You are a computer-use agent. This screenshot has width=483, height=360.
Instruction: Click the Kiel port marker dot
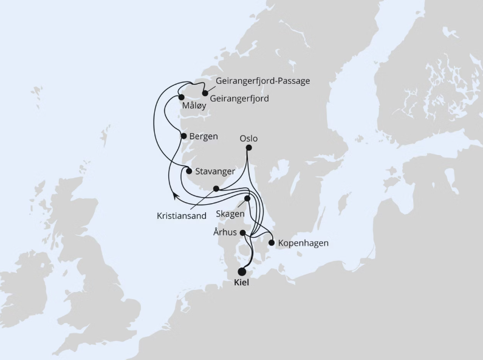coord(242,272)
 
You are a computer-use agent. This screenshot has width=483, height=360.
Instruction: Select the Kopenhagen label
coord(303,243)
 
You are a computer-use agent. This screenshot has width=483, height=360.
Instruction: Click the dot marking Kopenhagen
coord(272,243)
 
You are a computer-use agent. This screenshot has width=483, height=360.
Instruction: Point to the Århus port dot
coord(242,233)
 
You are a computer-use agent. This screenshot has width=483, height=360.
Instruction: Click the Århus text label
coord(225,232)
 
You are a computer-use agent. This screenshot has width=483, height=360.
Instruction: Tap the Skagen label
coord(230,214)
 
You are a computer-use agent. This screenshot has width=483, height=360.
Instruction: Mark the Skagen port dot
coord(247,198)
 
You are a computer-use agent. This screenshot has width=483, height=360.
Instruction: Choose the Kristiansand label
coord(182,215)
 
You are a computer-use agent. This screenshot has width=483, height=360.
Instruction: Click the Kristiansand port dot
coord(216,189)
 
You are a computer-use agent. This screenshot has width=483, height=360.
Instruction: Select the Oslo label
coord(249,138)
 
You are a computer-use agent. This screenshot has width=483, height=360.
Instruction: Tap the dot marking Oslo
coord(248,147)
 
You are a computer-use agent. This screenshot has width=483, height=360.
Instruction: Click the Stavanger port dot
coord(189,171)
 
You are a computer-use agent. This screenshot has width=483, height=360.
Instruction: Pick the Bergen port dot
coord(184,136)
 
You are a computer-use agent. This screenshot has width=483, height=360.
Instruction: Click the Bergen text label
coord(204,136)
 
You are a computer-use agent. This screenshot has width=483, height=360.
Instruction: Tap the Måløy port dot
coord(181,97)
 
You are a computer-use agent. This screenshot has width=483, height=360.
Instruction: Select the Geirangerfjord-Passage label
coord(263,81)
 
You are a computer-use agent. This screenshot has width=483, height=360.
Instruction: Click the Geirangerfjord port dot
coord(205,94)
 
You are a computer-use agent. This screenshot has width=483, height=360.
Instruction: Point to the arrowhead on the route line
coord(174,195)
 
